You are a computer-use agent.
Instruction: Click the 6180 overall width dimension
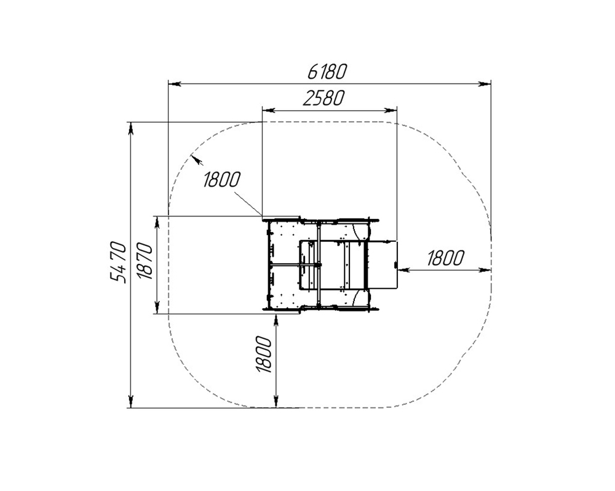pos(327,72)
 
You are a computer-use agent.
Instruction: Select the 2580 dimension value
pos(323,98)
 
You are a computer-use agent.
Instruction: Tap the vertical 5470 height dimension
pos(118,262)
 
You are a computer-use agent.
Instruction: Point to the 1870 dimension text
pos(145,261)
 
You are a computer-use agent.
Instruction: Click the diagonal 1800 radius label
pos(221,180)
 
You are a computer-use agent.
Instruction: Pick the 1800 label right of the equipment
pos(445,258)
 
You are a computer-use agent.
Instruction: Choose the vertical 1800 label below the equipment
pos(264,354)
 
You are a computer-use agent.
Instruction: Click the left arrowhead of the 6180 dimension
pos(174,84)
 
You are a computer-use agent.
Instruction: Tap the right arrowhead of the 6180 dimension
pos(485,84)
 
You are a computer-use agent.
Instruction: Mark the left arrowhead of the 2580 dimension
pos(268,110)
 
